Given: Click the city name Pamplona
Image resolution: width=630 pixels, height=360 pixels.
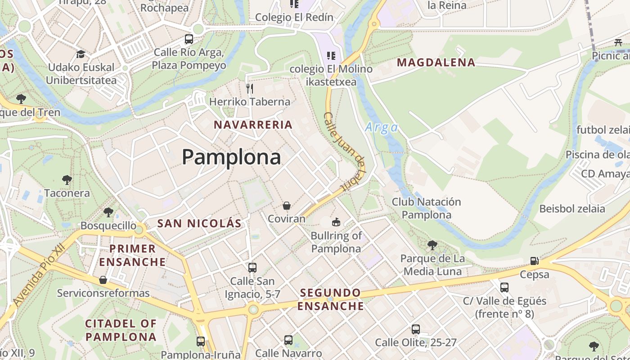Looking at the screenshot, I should click(231, 157).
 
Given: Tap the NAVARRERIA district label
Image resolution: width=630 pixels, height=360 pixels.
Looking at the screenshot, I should click(253, 125).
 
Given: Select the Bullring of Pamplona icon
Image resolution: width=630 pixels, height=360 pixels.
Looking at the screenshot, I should click(336, 222).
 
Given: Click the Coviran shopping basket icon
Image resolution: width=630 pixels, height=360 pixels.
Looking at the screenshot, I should click(286, 206).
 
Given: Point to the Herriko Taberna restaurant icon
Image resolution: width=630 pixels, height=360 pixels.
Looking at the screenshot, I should click(250, 88).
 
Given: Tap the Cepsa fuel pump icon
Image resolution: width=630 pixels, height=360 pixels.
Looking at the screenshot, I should click(534, 261).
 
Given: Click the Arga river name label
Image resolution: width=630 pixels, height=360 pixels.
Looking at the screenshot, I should click(382, 127).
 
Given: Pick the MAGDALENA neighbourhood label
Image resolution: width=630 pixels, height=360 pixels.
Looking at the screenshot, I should click(436, 63).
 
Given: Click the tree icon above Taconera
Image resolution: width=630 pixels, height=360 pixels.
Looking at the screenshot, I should click(67, 180).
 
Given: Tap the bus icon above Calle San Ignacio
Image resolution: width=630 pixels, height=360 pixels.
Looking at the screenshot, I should click(252, 268).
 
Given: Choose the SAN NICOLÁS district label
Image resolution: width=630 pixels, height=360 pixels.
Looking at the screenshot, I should click(199, 223).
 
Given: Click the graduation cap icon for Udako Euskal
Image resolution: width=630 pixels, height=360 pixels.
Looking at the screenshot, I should click(81, 54).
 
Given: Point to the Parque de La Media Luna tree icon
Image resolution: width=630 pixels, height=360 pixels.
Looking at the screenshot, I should click(432, 245).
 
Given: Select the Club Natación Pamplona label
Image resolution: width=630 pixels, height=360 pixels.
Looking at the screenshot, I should click(426, 208).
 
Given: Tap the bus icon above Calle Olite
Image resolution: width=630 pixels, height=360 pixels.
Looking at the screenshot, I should click(415, 329).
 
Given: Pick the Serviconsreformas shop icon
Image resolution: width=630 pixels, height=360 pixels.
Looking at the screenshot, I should click(103, 280).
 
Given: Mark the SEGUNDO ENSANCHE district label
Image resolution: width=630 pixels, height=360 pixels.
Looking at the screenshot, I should click(331, 299).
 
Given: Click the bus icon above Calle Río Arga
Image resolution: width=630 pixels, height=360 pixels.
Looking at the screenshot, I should click(189, 39).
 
